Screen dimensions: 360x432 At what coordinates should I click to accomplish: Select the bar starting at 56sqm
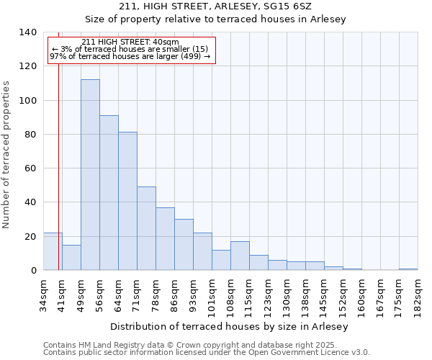click(109, 193)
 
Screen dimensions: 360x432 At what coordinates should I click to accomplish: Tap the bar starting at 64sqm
click(127, 201)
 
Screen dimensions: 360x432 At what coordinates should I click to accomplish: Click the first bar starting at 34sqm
click(53, 251)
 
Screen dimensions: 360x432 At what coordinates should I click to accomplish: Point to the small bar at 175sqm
click(408, 269)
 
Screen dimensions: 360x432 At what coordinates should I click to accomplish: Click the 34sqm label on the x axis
click(44, 293)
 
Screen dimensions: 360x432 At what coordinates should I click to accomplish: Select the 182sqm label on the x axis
click(418, 295)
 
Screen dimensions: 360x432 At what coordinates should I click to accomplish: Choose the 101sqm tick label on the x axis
click(212, 295)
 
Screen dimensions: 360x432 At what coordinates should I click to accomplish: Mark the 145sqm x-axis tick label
click(325, 295)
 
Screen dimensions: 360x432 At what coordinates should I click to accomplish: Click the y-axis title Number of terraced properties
click(7, 155)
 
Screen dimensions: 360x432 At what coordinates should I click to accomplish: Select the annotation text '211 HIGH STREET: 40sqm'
click(130, 42)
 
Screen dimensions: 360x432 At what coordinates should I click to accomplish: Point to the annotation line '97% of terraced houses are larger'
click(130, 56)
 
